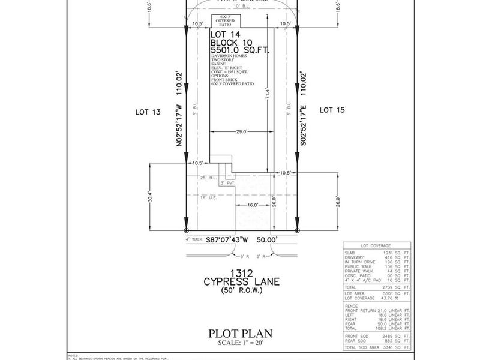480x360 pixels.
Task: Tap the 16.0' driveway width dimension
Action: pos(251,205)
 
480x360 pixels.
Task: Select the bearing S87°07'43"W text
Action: pos(229,240)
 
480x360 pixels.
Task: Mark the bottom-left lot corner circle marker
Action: pos(187,230)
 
